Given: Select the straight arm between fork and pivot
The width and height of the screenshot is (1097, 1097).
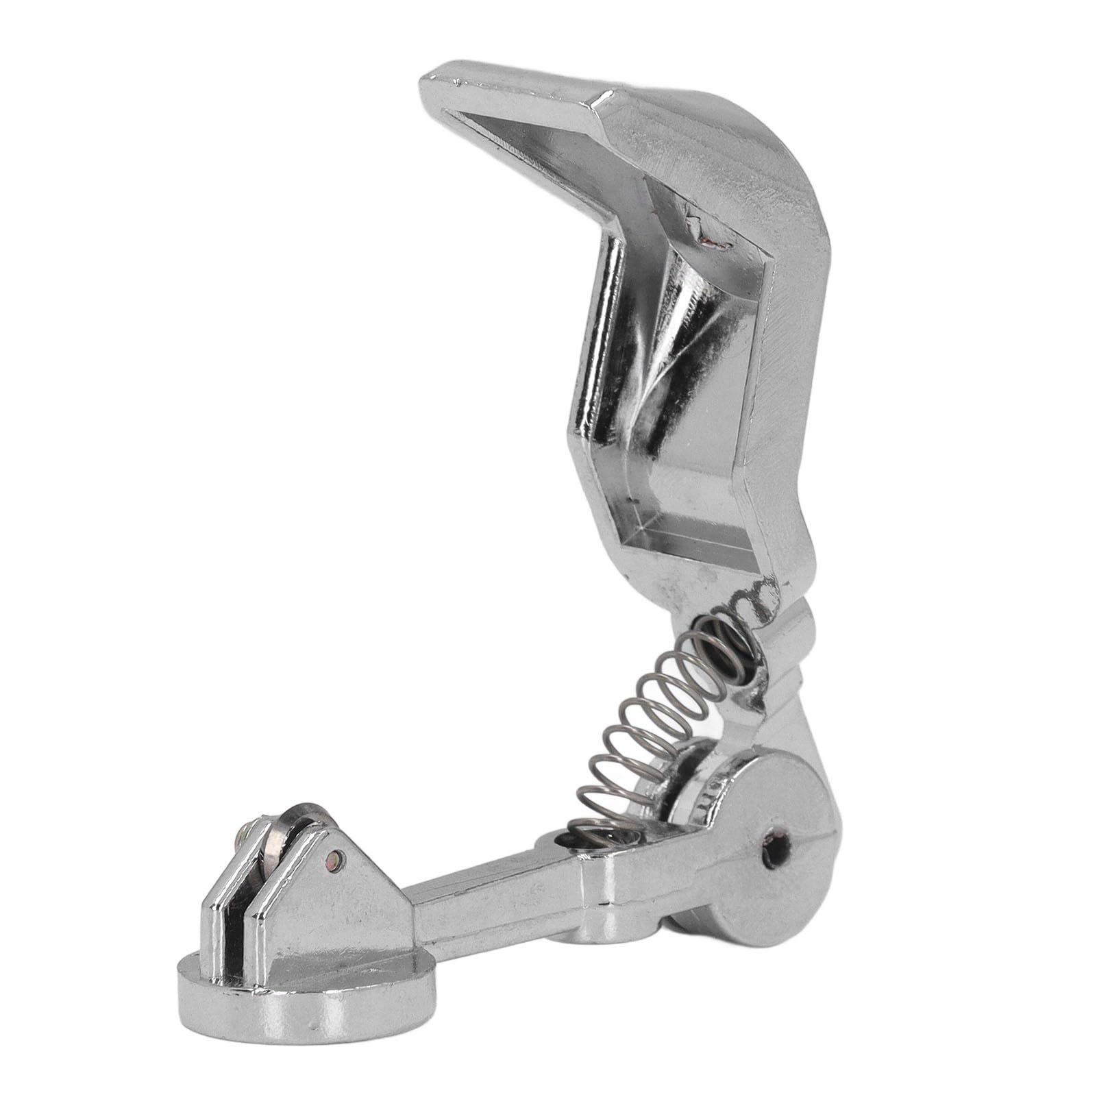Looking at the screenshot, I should coord(507,891).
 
